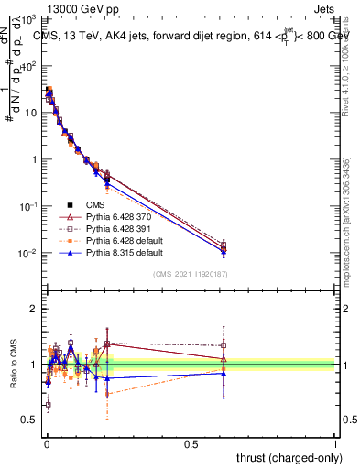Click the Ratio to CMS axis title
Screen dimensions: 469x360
tap(13, 365)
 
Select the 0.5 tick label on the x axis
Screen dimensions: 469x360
tap(191, 443)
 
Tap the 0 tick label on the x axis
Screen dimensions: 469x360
tap(46, 443)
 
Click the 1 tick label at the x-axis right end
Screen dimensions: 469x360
tap(336, 443)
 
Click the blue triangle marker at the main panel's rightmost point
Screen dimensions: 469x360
tap(223, 251)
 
